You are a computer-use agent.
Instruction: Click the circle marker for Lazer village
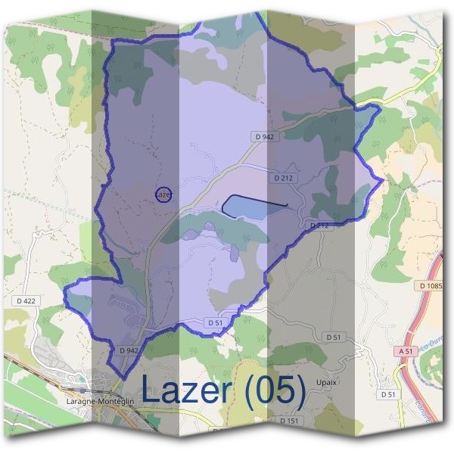point(163,194)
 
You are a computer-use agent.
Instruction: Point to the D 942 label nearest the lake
point(264,136)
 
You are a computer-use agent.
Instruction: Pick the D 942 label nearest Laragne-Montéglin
point(129,350)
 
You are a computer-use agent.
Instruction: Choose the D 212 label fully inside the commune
point(283,178)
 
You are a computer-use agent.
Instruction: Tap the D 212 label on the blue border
point(319,225)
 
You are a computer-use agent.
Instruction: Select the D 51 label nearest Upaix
point(333,336)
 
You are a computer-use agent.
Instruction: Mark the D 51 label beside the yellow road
point(388,394)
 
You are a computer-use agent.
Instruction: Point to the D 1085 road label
point(431,285)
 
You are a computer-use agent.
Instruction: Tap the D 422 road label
point(25,300)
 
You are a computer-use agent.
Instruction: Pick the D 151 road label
point(289,420)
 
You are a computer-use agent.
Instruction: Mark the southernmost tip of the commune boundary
point(119,377)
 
